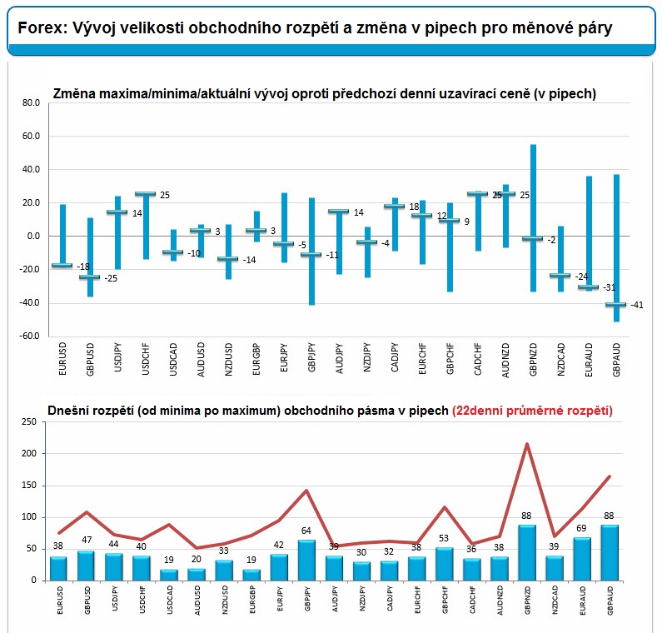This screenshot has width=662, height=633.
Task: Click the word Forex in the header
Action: coord(39,28)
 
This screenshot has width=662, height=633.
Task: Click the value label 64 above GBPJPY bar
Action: coord(307,531)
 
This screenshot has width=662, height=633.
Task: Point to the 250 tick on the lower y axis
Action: coord(27,422)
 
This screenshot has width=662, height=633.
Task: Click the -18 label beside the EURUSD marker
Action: coord(82,267)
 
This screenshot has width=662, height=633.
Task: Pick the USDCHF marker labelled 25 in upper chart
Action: coord(146,194)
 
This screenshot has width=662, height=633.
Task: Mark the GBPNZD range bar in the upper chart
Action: coord(533,217)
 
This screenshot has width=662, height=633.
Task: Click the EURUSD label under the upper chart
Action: coord(63,359)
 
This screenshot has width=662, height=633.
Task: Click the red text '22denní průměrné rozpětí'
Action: coord(532,410)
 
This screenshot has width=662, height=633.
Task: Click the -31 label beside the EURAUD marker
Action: coord(608,287)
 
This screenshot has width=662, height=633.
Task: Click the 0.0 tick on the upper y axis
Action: coord(32,237)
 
